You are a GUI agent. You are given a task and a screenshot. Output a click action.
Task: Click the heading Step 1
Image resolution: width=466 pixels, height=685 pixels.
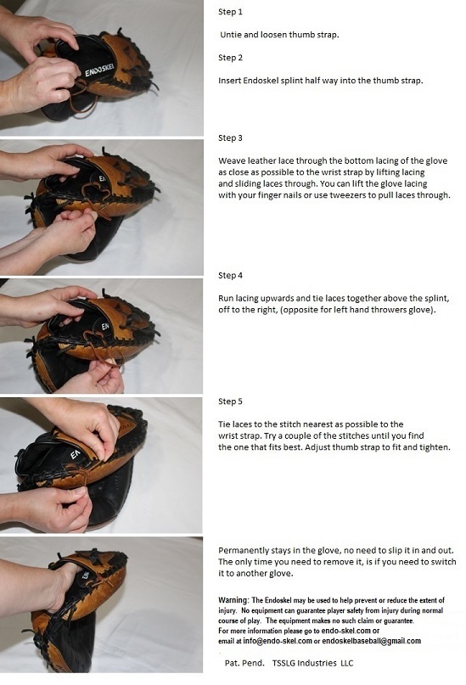[x=230, y=12]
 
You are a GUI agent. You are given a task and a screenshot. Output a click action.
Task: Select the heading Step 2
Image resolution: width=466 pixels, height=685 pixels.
[x=230, y=58]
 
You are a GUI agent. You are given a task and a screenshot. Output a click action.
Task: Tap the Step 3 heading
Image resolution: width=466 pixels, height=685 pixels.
[x=230, y=138]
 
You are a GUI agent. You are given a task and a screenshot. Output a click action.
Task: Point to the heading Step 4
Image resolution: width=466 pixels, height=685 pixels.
[x=230, y=276]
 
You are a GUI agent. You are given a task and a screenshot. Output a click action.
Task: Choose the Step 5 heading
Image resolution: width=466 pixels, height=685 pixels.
[x=230, y=401]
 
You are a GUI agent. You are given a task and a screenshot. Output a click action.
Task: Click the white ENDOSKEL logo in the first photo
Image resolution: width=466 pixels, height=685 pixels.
[x=99, y=70]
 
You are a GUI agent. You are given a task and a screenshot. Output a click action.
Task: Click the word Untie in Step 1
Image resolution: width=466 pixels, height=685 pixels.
[x=231, y=35]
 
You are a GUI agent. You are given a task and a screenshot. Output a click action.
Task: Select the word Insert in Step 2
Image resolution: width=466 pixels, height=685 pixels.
[x=230, y=81]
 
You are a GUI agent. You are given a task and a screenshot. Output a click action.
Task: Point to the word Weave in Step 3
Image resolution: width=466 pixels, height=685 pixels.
[x=230, y=160]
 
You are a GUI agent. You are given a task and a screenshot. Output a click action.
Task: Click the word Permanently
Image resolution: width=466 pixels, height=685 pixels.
[x=244, y=550]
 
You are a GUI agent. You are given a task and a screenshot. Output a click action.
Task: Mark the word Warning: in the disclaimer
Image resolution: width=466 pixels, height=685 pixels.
[x=234, y=600]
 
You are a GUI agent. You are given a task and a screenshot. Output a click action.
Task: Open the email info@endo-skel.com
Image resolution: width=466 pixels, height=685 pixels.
[x=278, y=641]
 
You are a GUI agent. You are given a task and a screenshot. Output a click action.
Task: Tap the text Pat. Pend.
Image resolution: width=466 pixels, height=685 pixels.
[x=244, y=663]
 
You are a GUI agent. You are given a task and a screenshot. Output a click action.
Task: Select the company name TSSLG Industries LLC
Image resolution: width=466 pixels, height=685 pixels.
[x=312, y=663]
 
